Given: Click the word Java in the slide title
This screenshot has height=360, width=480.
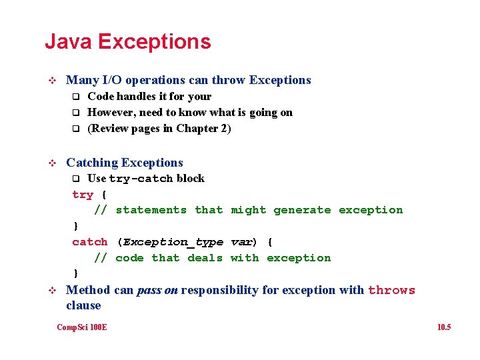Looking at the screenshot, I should click(68, 42).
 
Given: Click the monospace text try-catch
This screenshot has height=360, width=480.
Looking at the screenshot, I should click(141, 179).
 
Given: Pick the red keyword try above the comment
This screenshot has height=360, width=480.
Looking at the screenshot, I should click(83, 195).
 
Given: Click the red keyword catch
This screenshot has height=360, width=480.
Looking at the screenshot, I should click(89, 242).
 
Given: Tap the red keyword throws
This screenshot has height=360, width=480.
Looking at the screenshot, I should click(391, 290).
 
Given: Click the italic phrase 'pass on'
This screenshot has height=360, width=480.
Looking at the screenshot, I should click(157, 290).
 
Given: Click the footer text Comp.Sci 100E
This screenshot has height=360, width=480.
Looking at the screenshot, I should click(82, 327).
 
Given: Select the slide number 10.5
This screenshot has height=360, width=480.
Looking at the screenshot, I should click(443, 327).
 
